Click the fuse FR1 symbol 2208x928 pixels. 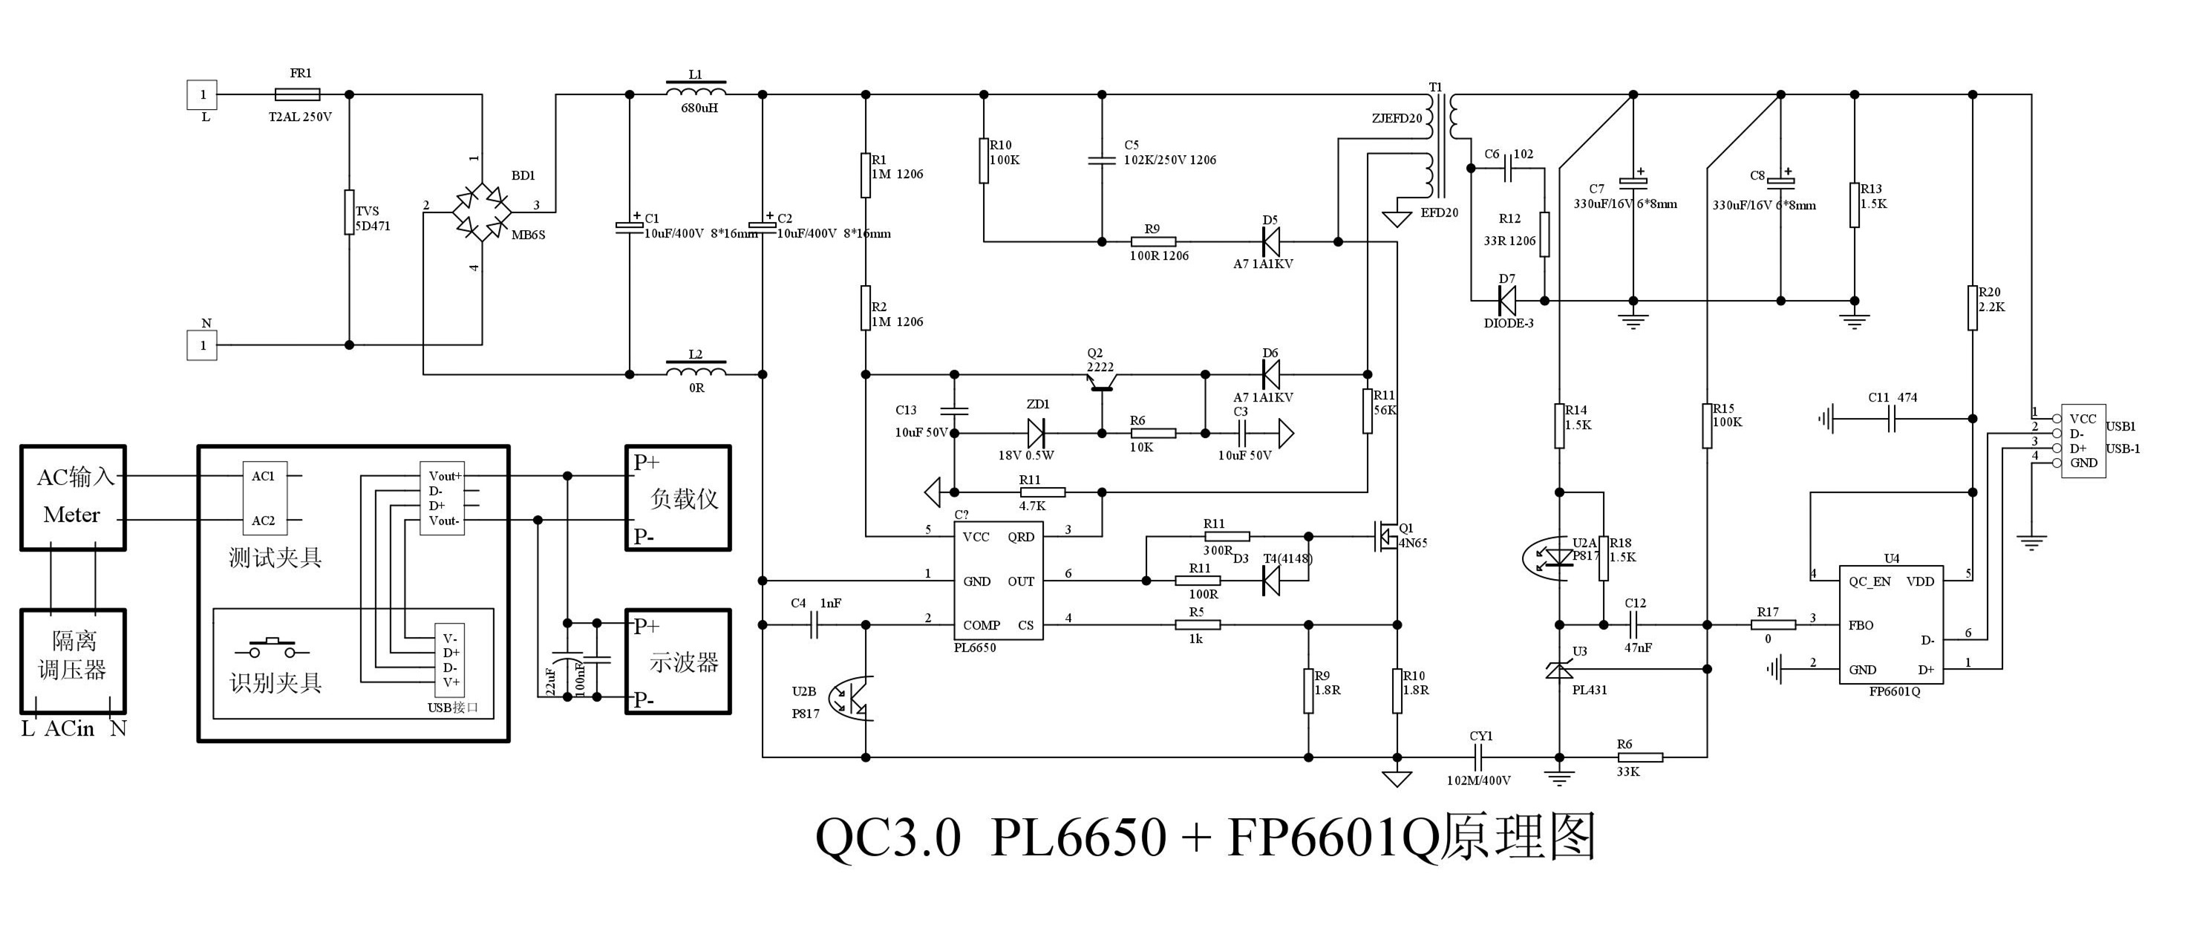tap(296, 94)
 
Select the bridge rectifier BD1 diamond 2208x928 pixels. tap(482, 212)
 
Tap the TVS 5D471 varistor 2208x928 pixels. tap(349, 212)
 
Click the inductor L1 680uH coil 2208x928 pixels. tap(695, 90)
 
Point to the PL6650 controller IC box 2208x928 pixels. tap(999, 581)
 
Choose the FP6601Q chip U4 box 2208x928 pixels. tap(1891, 624)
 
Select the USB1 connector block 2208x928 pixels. tap(2083, 441)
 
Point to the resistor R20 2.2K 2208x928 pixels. tap(1973, 307)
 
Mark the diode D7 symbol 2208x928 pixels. tap(1506, 301)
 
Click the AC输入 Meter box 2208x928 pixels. tap(73, 497)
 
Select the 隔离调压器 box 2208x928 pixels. tap(73, 661)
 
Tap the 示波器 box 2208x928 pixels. tap(678, 661)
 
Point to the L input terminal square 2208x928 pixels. tap(202, 94)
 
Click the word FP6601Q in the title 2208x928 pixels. tap(1333, 837)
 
